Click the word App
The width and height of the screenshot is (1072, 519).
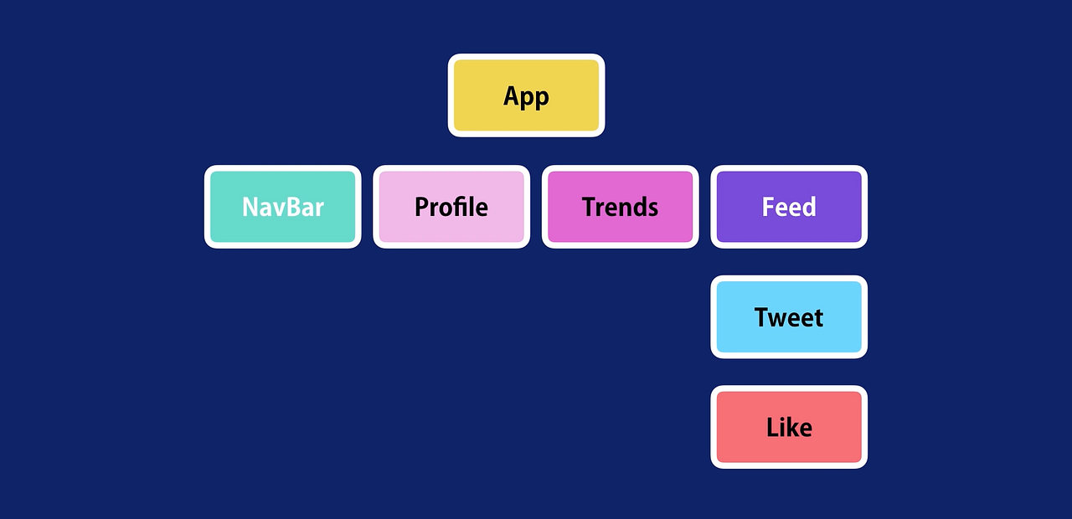pyautogui.click(x=526, y=96)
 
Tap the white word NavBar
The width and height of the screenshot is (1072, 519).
pyautogui.click(x=283, y=207)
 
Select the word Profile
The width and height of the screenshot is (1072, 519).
pyautogui.click(x=451, y=207)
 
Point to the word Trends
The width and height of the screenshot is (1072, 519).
pyautogui.click(x=620, y=207)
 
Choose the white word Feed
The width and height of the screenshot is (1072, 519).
pyautogui.click(x=789, y=207)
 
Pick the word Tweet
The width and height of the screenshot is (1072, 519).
pyautogui.click(x=789, y=317)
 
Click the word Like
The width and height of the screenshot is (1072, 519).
pyautogui.click(x=789, y=428)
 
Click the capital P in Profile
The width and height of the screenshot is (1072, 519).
pyautogui.click(x=422, y=207)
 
